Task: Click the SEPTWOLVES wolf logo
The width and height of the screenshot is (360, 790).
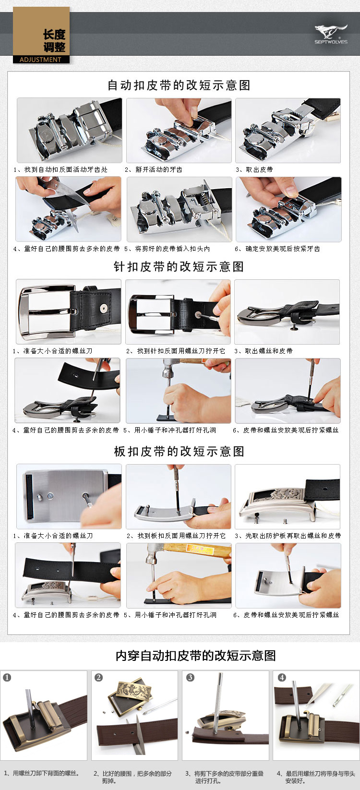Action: pyautogui.click(x=331, y=34)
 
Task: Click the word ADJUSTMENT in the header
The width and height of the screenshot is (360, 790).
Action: pyautogui.click(x=40, y=60)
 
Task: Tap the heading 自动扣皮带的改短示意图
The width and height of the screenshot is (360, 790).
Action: pyautogui.click(x=179, y=85)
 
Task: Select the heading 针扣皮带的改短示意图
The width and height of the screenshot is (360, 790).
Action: pyautogui.click(x=179, y=267)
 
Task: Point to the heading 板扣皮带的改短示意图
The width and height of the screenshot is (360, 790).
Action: pyautogui.click(x=179, y=452)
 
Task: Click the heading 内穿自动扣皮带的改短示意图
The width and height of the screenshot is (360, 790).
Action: pyautogui.click(x=196, y=655)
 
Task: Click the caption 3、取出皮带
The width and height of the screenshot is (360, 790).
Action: pyautogui.click(x=254, y=169)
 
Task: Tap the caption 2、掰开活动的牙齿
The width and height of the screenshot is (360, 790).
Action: pyautogui.click(x=154, y=169)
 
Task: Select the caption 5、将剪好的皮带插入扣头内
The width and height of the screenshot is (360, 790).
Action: pyautogui.click(x=167, y=249)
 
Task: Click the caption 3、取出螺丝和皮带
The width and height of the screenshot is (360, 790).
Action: pyautogui.click(x=264, y=351)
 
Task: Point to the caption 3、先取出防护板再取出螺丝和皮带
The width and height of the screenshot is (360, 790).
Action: pyautogui.click(x=288, y=536)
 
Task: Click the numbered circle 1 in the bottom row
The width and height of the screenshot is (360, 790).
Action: pyautogui.click(x=7, y=677)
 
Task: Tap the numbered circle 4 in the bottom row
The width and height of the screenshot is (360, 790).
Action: pyautogui.click(x=282, y=677)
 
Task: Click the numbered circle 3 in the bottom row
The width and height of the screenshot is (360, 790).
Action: pyautogui.click(x=191, y=677)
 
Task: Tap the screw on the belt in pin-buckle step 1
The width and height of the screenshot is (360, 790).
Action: pyautogui.click(x=103, y=308)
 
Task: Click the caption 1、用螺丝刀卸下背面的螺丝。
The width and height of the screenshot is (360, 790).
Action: pyautogui.click(x=42, y=773)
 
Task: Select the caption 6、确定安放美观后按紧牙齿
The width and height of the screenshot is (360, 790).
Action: pyautogui.click(x=277, y=249)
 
